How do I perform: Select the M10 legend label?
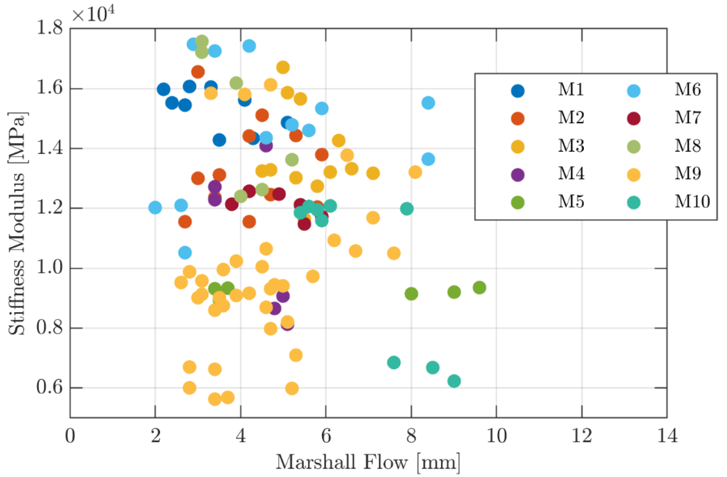(692, 202)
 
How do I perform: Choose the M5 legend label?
(571, 202)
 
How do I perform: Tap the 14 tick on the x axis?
(667, 436)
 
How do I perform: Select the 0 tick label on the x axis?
(70, 436)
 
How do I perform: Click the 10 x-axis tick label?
(496, 436)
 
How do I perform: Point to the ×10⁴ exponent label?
(93, 14)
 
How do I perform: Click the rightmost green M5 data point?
(479, 287)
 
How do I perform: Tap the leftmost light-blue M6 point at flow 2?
(155, 208)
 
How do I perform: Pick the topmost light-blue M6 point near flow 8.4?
(428, 102)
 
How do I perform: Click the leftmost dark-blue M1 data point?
(163, 90)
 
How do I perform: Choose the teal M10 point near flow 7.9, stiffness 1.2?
(406, 209)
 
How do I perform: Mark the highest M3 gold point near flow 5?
(283, 67)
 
